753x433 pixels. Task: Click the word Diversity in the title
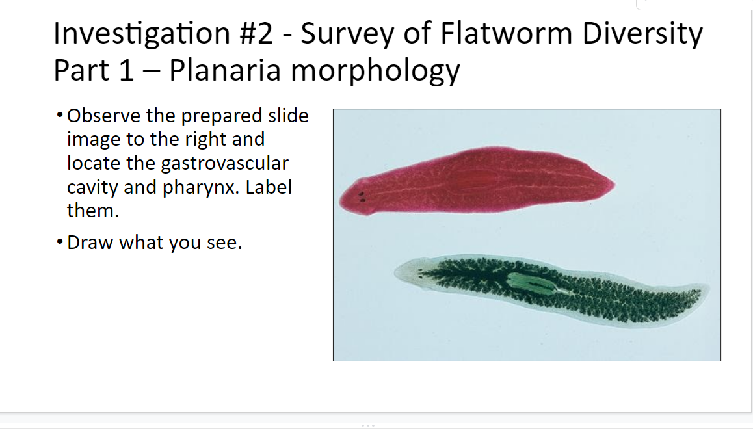point(642,34)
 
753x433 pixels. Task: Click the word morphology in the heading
point(375,71)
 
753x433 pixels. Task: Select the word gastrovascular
point(224,163)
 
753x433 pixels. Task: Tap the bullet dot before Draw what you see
point(60,243)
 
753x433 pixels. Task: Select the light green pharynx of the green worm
point(527,283)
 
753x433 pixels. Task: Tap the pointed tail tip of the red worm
point(613,185)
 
